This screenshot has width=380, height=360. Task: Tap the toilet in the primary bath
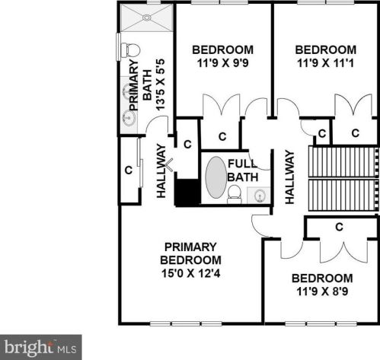click(x=130, y=50)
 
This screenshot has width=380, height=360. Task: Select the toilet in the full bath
click(x=234, y=194)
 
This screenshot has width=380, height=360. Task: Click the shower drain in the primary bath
click(x=147, y=18)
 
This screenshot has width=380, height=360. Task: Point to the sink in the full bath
click(x=259, y=196)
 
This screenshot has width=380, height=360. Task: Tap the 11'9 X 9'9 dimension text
click(x=223, y=63)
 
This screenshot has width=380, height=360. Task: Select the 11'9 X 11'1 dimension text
click(x=325, y=63)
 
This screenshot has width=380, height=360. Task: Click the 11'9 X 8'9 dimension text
click(x=322, y=292)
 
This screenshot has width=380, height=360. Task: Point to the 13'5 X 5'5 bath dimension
click(x=161, y=84)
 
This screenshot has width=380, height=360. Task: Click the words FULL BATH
click(x=243, y=170)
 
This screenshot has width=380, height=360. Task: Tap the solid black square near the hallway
click(x=187, y=193)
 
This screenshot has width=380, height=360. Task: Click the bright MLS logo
click(x=40, y=347)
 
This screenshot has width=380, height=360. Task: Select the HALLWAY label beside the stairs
click(x=289, y=177)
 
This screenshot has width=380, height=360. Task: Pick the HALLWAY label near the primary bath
click(x=161, y=170)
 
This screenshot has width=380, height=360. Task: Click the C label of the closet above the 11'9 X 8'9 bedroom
click(x=340, y=227)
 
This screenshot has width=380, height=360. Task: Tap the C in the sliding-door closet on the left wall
click(x=129, y=170)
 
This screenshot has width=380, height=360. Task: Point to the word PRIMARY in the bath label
click(x=133, y=84)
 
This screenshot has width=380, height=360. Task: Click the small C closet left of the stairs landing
click(x=322, y=133)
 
